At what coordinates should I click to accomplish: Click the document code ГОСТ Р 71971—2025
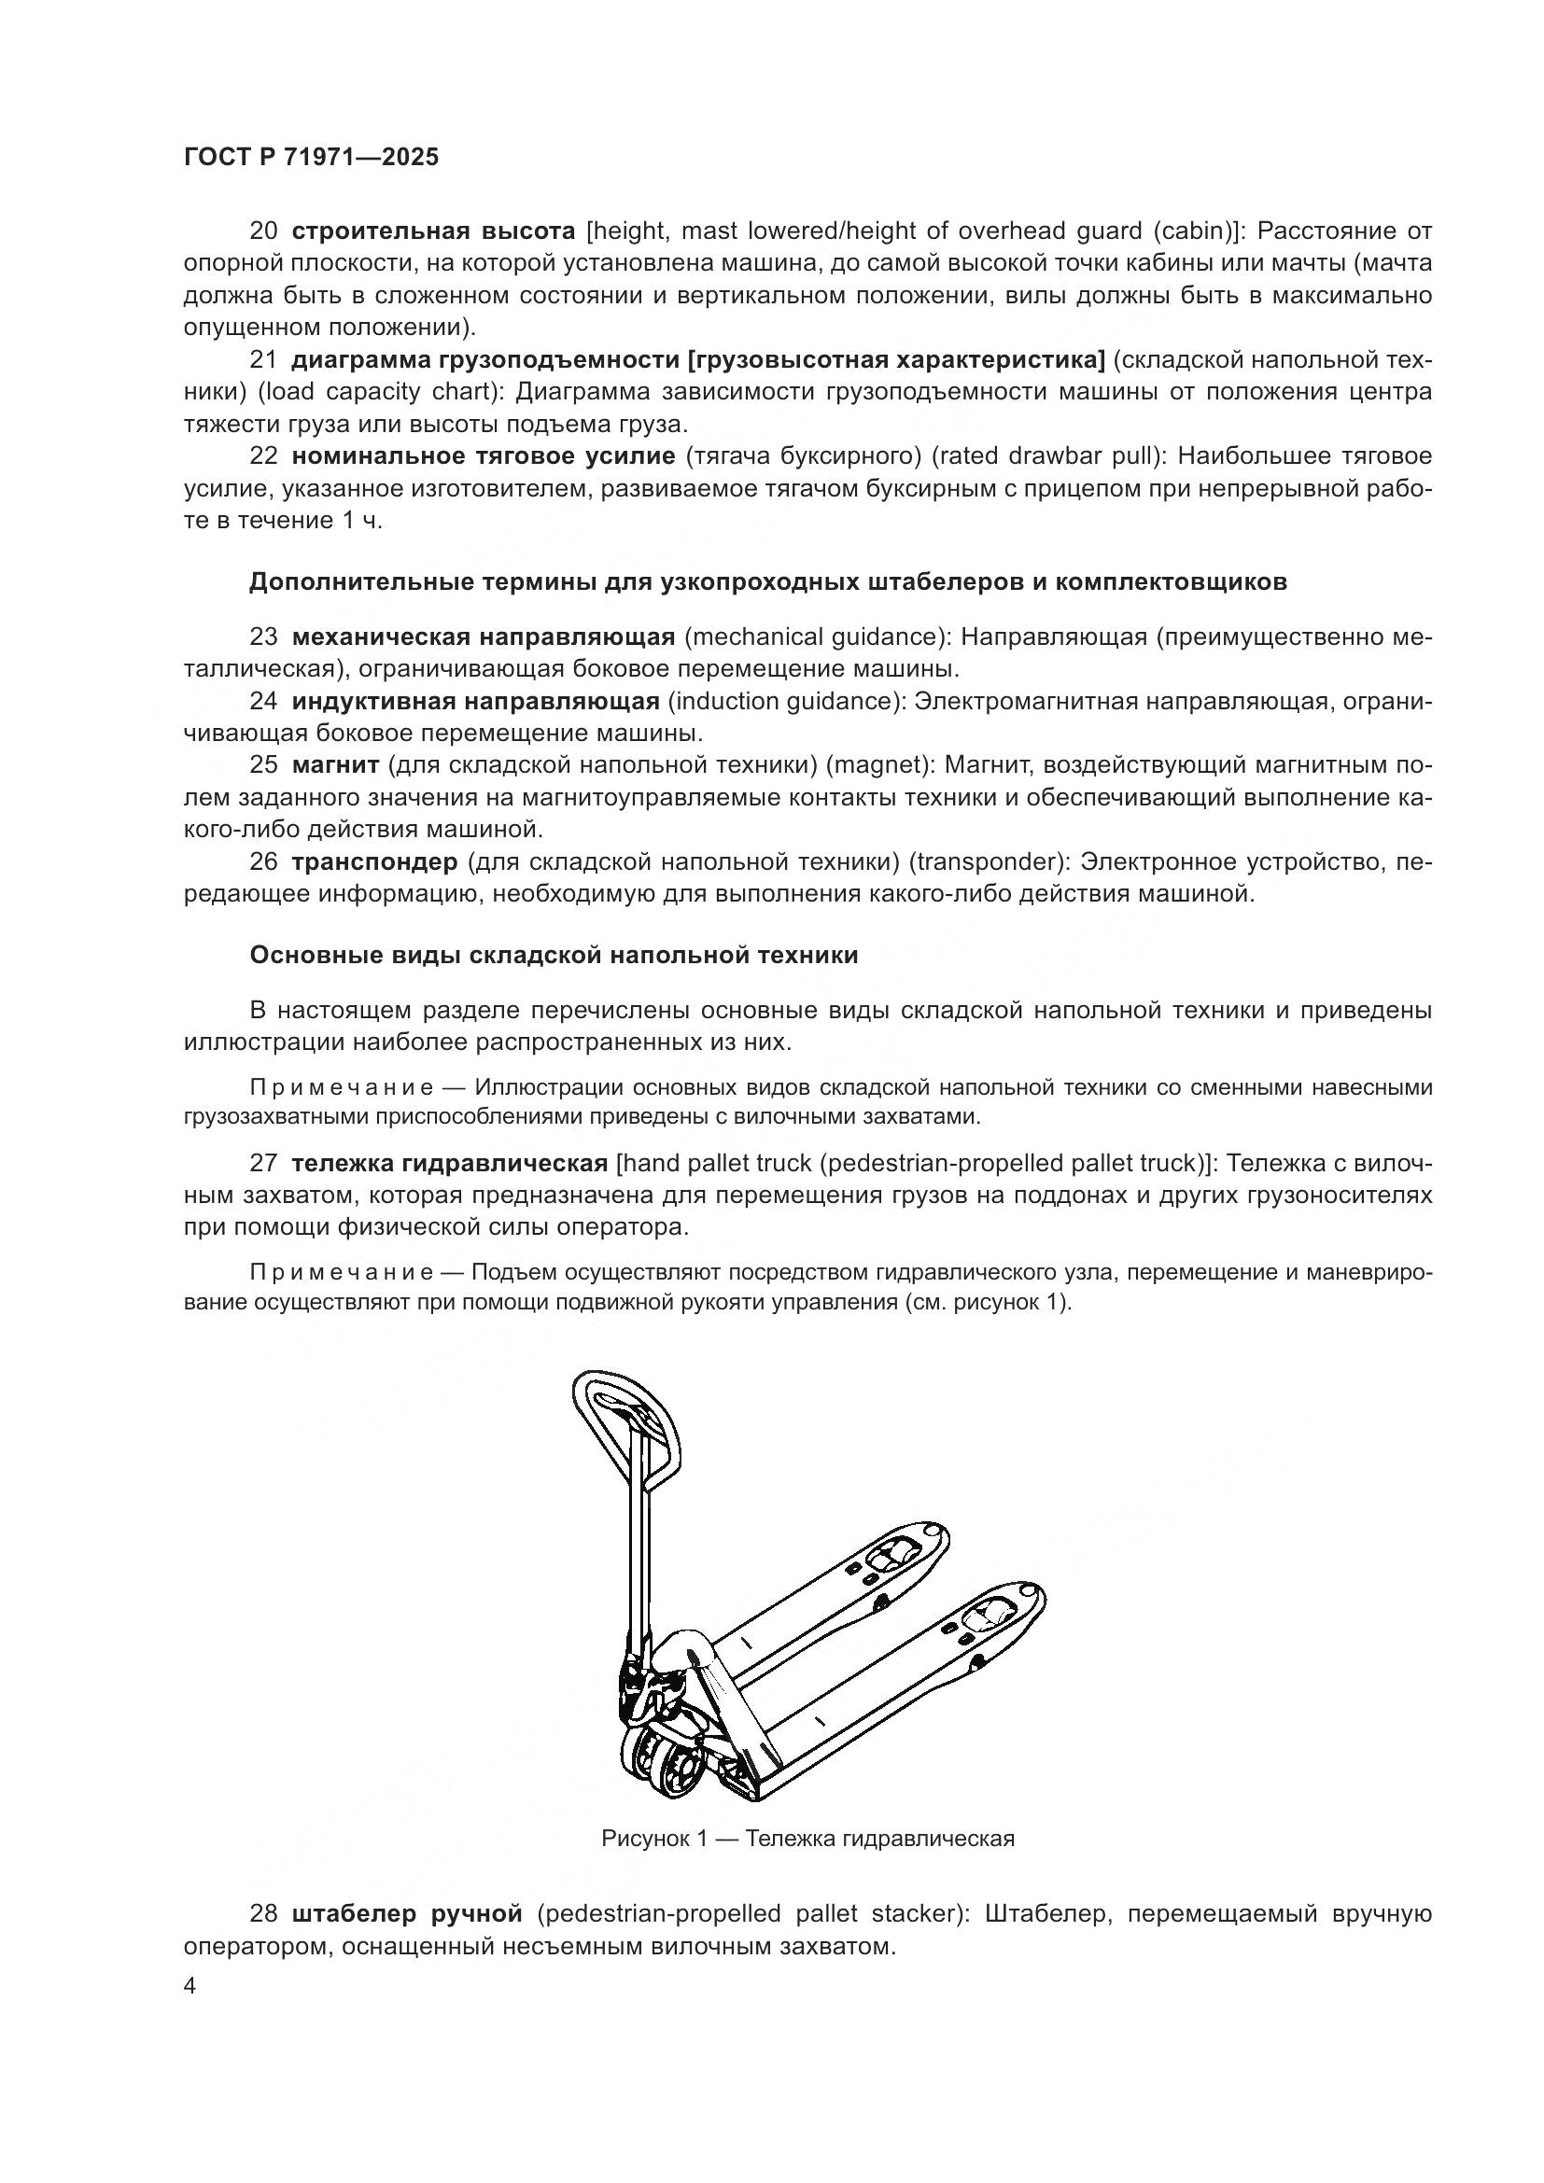tap(311, 158)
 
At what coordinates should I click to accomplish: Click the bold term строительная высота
tap(433, 231)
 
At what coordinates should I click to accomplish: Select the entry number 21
tap(263, 360)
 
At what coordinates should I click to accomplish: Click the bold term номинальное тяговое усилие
tap(483, 456)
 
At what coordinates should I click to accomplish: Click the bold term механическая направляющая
tap(483, 637)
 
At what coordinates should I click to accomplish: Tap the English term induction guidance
tap(785, 702)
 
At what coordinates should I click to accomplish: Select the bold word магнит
tap(336, 765)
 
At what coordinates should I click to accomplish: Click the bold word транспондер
tap(374, 862)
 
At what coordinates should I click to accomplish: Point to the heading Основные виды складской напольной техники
tap(554, 956)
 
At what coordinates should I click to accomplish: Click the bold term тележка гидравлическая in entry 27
tap(449, 1163)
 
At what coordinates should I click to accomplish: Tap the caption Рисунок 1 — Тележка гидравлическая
tap(807, 1839)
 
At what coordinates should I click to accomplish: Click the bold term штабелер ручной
tap(407, 1913)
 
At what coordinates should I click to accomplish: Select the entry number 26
tap(263, 862)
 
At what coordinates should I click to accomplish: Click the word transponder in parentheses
tap(984, 862)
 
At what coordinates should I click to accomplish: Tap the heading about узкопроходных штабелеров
tap(768, 581)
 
